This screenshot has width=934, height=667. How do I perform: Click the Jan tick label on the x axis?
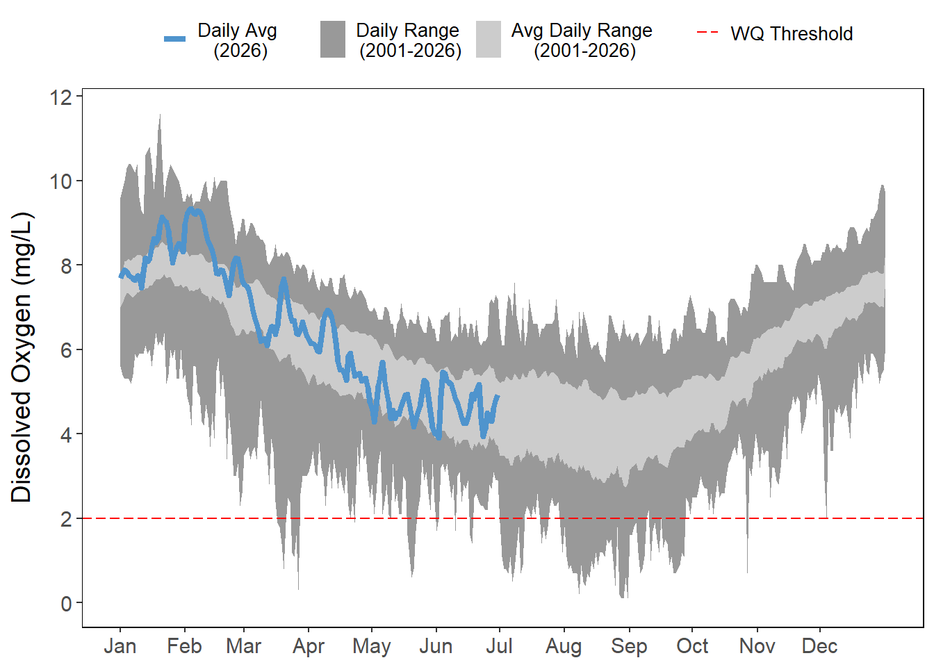[120, 646]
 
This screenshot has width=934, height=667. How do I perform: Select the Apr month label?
[309, 647]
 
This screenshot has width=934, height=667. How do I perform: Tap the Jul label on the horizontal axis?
[499, 646]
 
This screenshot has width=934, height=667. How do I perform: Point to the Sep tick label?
[629, 647]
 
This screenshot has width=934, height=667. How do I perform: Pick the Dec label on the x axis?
[820, 646]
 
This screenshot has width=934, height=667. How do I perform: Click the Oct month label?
[692, 646]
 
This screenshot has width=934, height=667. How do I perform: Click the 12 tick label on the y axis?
[61, 97]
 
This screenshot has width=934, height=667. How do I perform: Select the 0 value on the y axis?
[66, 603]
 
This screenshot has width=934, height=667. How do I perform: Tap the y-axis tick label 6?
[66, 350]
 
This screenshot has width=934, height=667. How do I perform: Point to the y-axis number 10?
[61, 181]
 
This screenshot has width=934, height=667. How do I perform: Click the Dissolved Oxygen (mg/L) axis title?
[21, 357]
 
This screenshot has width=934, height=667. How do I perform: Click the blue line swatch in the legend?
[174, 39]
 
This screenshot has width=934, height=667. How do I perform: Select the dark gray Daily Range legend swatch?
[333, 39]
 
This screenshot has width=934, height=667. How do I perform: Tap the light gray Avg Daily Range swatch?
[489, 39]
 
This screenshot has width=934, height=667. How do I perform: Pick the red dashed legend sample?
[707, 32]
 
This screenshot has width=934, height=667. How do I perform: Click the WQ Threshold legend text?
[792, 34]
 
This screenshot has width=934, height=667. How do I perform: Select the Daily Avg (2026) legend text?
[238, 40]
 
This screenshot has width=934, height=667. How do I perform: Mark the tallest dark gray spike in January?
[160, 115]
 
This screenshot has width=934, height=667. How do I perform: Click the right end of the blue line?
[498, 396]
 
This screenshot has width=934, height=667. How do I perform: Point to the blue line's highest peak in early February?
[191, 208]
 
